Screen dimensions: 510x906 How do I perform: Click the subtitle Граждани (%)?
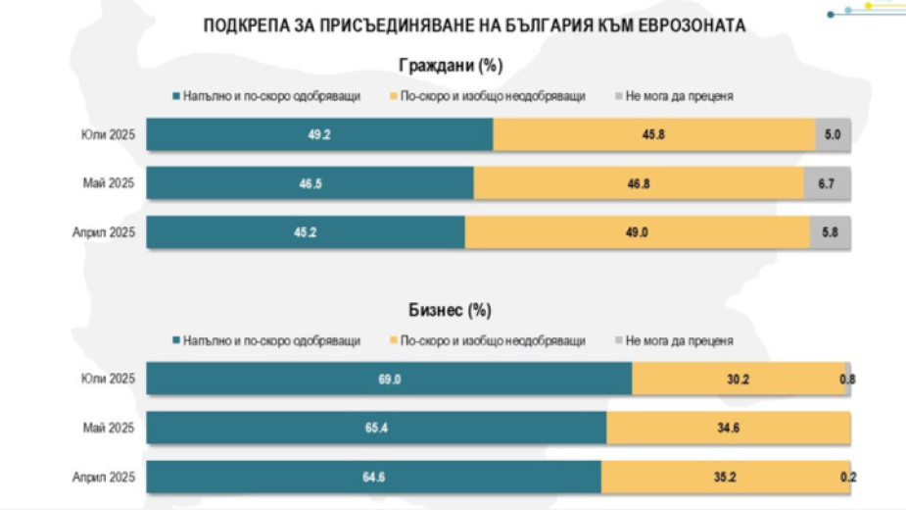pos(451,67)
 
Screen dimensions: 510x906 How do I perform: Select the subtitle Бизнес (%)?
pos(450,311)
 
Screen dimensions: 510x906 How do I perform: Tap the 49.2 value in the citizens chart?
pos(319,135)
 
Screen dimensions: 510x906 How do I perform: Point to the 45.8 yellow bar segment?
pos(653,135)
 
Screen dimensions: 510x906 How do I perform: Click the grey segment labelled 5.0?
pos(833,135)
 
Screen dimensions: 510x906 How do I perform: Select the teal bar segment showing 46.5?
pos(310,183)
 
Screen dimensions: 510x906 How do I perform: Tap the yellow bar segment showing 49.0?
pos(638,232)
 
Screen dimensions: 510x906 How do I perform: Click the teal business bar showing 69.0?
pos(389,379)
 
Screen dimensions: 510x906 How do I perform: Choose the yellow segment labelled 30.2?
pos(739,379)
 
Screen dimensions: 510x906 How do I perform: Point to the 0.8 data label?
pos(848,379)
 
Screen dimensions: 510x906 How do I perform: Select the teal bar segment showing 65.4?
pos(376,428)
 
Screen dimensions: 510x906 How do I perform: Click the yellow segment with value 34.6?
pos(728,428)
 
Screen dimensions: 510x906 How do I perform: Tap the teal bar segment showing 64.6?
pos(373,477)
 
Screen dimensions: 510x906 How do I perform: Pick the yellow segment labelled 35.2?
pos(725,477)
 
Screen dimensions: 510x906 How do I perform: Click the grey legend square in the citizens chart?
pos(619,96)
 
